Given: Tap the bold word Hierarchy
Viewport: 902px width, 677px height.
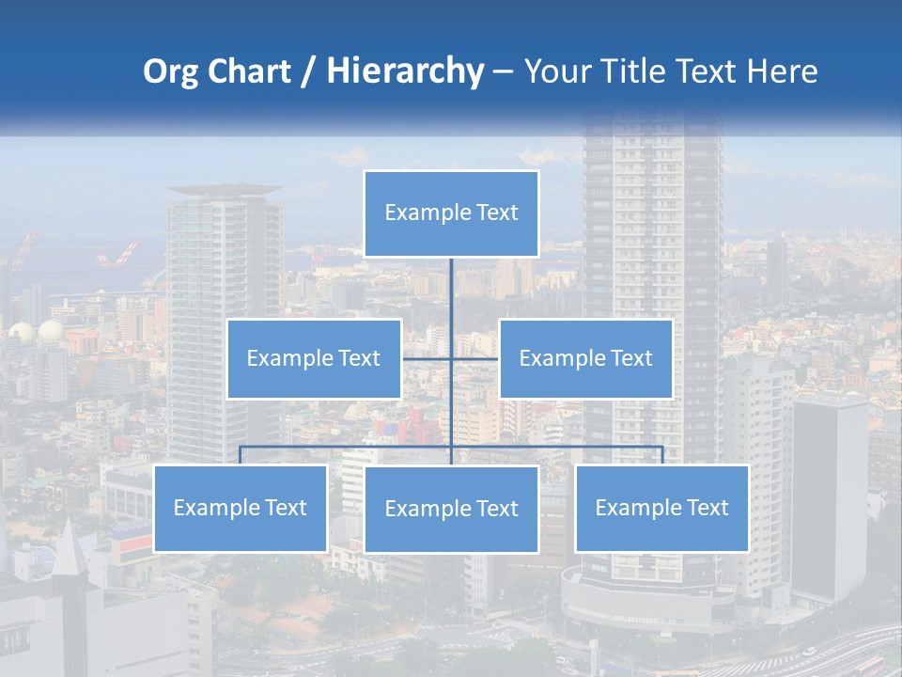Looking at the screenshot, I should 405,72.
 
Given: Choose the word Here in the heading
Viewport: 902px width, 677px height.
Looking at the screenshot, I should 782,72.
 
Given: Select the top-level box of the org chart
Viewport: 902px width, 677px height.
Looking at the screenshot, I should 451,213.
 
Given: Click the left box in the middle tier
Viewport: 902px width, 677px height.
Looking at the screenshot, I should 314,358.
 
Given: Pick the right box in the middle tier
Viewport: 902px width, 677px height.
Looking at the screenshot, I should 585,358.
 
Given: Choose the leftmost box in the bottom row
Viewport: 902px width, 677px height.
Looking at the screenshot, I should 240,508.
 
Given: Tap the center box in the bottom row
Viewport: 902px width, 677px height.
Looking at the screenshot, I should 451,509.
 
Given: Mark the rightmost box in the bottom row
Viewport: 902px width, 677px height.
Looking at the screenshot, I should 661,508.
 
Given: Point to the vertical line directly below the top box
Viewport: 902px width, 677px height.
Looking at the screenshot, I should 451,291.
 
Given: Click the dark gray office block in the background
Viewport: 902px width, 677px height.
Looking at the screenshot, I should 829,498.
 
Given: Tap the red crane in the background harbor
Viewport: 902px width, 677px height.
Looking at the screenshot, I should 120,254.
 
